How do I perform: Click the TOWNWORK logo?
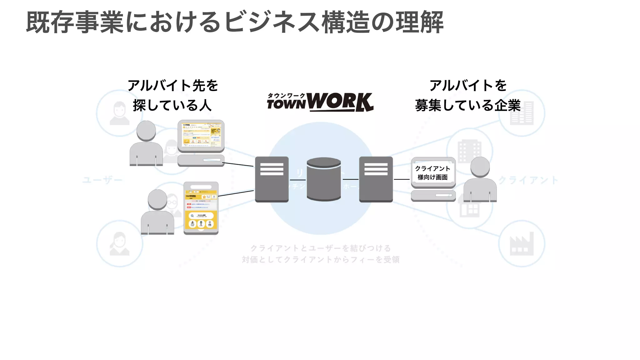(x=320, y=102)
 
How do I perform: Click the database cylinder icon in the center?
(x=324, y=179)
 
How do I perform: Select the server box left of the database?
(x=272, y=179)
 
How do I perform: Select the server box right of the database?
(x=376, y=179)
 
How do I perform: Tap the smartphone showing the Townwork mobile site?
(x=201, y=208)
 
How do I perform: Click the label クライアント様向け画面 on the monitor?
(x=433, y=173)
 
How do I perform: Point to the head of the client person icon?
(x=480, y=167)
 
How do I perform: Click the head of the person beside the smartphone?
(x=157, y=199)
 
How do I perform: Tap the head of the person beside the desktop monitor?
(x=146, y=131)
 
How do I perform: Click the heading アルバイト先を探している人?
(x=172, y=95)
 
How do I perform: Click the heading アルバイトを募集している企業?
(x=468, y=95)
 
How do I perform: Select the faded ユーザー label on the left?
(x=102, y=180)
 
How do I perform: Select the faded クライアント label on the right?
(x=528, y=180)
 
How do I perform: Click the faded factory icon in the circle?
(x=522, y=244)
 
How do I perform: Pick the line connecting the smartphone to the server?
(x=236, y=193)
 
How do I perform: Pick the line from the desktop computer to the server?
(x=237, y=164)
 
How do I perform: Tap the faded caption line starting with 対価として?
(x=320, y=260)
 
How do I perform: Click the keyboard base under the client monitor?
(x=433, y=196)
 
